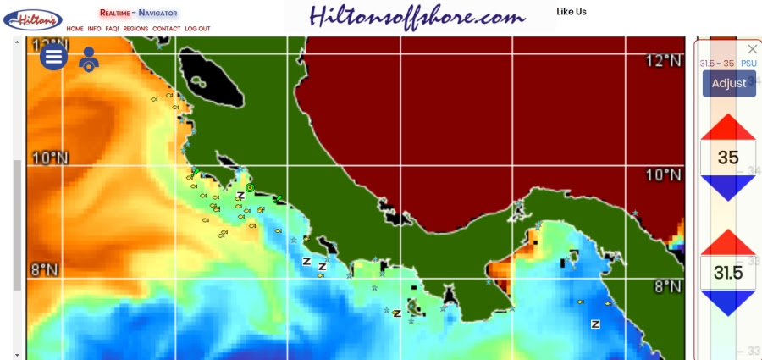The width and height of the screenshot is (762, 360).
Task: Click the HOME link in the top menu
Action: tap(75, 29)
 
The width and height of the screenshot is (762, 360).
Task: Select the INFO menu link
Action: tap(94, 29)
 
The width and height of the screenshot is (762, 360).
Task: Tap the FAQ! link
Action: tap(112, 29)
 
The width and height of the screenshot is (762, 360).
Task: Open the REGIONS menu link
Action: tap(135, 29)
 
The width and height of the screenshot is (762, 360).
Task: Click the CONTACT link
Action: tap(167, 29)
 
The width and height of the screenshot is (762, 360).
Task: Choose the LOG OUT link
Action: tap(197, 29)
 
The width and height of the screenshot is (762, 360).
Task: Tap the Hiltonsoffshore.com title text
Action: tap(417, 16)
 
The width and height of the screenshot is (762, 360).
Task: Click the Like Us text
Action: tap(571, 12)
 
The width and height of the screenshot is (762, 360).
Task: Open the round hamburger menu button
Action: tap(53, 57)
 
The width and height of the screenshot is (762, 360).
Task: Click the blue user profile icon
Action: tap(88, 59)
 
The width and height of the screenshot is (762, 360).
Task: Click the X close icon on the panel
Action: tap(752, 49)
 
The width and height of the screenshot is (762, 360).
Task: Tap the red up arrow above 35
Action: tap(728, 128)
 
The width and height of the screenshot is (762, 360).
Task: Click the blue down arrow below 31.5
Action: tap(728, 302)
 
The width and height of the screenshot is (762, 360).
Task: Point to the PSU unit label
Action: tap(748, 64)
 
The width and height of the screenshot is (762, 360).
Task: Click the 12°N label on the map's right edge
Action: tap(663, 60)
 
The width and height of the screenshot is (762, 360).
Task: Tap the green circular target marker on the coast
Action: tap(250, 188)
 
